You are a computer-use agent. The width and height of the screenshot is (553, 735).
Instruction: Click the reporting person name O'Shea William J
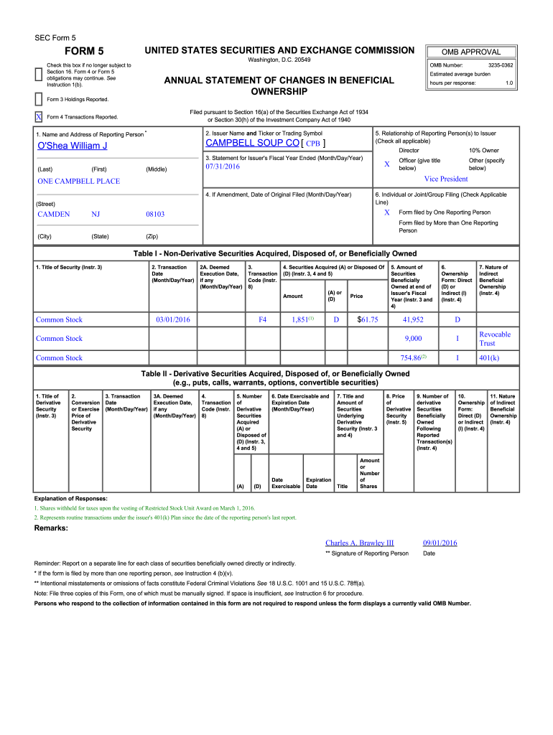pos(72,146)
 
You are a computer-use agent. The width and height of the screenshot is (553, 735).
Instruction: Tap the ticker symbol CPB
pos(315,144)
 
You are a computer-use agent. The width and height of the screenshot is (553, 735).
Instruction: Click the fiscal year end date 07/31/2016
pos(223,167)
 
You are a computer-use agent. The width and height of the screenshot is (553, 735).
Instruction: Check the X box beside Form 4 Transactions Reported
pos(38,117)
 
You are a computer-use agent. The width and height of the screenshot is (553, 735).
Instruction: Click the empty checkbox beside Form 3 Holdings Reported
pos(38,98)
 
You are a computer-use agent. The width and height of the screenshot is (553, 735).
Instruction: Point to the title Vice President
pos(445,179)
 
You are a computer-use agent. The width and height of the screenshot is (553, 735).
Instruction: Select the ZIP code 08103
pos(155,214)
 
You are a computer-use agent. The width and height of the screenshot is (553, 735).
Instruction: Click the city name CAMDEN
pos(54,214)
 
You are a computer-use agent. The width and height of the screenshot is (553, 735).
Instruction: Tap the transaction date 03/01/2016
pos(172,319)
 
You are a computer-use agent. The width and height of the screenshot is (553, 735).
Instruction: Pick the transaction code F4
pos(262,319)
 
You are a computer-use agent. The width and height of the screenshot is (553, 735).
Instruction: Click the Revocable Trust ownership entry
pos(495,338)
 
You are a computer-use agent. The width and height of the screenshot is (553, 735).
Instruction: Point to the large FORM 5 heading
pos(85,51)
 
